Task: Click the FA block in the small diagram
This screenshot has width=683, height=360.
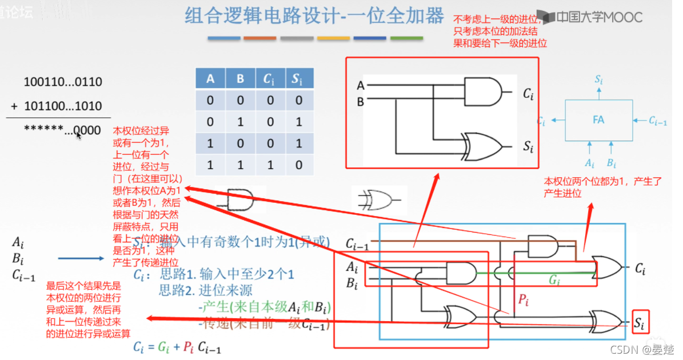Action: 598,121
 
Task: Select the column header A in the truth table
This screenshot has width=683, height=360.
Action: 210,79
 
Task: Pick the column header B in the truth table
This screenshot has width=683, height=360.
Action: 240,79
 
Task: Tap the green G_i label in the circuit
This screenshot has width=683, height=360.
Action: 553,280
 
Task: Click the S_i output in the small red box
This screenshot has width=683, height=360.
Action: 641,324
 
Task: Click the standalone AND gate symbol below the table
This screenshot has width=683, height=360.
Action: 240,200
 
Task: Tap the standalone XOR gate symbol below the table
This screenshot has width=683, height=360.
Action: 379,199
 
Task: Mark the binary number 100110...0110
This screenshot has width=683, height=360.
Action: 63,82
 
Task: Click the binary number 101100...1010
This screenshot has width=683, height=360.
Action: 63,106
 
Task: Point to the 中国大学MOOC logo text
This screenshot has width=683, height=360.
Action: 598,17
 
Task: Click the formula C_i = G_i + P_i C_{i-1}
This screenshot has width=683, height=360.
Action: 177,347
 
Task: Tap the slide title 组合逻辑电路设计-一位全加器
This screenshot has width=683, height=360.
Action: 314,16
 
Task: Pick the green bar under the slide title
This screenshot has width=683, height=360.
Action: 406,38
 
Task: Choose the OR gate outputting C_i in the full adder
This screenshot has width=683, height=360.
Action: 608,267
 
